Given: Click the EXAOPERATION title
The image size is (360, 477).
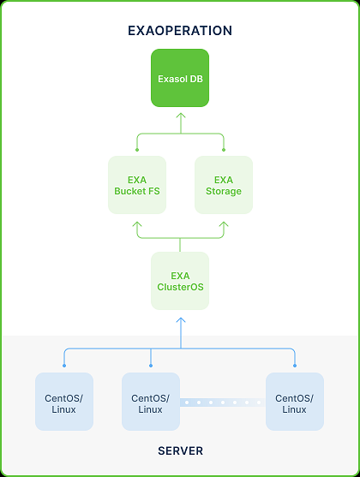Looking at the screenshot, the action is pos(180,31).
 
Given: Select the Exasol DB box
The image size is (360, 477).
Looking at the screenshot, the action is pos(180,78).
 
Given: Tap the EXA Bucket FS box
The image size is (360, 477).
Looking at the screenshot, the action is pos(137,185).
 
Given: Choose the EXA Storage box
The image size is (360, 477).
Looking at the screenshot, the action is pos(224,185).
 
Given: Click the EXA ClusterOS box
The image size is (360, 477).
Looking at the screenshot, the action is pos(180,281).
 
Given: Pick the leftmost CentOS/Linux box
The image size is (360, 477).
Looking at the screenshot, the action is pos(64,402).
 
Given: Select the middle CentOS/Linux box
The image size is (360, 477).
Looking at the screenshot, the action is pos(151,402).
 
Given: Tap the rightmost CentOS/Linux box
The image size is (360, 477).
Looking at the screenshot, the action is pos(295,402).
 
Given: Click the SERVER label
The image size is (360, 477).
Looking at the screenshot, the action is pos(180,450).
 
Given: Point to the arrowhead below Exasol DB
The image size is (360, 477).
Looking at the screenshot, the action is pos(181,116).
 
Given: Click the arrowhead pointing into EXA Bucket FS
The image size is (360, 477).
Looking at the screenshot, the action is pos(137,224).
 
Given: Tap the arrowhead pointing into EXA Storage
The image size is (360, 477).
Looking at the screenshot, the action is pos(224,224).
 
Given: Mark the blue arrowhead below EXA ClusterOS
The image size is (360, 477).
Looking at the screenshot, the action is pos(181,320).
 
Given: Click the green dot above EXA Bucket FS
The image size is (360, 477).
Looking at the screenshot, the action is pos(137,150).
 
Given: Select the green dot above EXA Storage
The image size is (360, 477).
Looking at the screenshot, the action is pos(224,150).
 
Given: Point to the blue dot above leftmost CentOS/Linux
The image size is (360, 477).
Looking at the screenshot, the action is pos(64,366).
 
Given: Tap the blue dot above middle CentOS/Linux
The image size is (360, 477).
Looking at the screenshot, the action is pos(151,366).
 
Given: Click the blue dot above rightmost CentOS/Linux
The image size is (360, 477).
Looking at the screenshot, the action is pos(295,366).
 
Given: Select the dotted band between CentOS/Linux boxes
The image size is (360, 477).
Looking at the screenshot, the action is pos(223,402).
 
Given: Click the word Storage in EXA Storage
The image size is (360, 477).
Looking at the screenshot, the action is pos(224,191).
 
